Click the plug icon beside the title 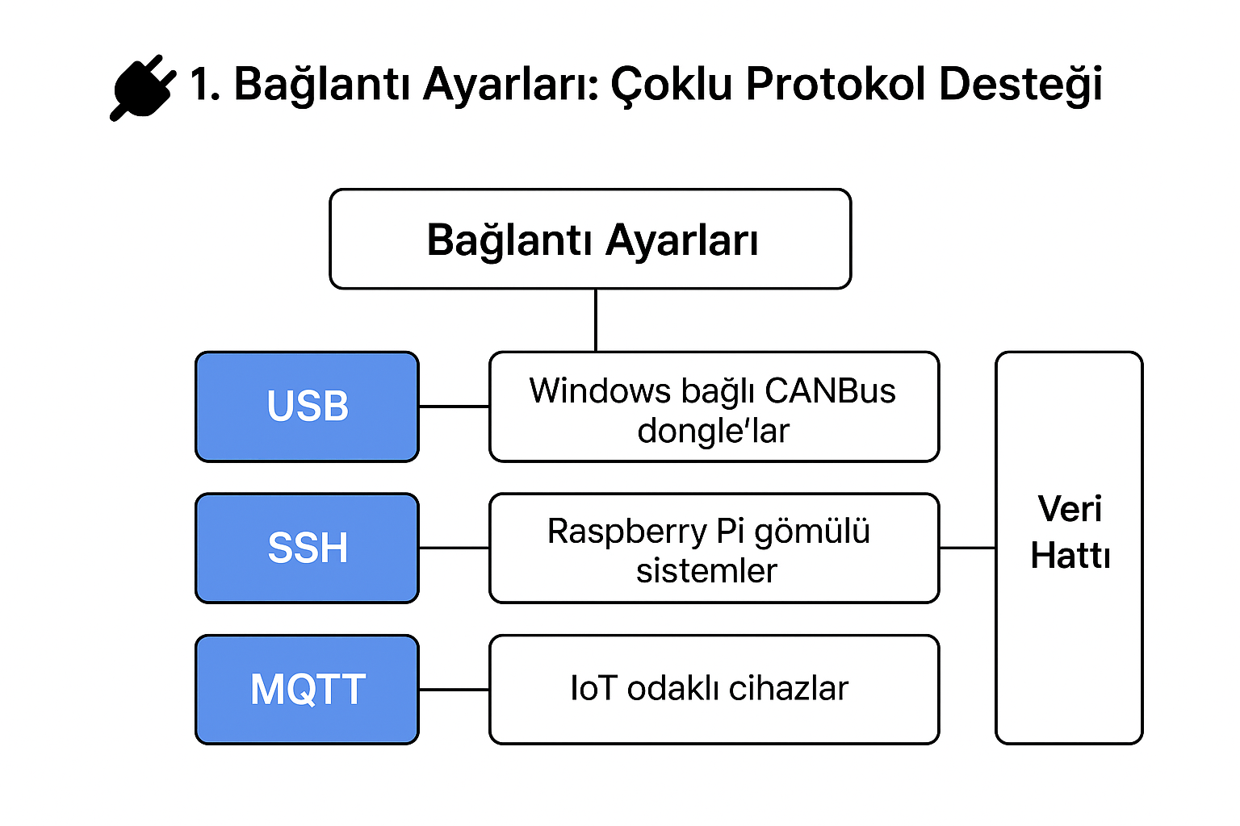point(142,87)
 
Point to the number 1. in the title point(205,84)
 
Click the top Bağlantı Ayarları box point(590,240)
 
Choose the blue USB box point(308,407)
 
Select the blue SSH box point(308,549)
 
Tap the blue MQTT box point(308,690)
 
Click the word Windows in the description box point(600,391)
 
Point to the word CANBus point(830,391)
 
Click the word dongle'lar point(714,432)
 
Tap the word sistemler point(706,571)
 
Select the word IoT point(593,689)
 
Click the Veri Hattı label point(1070,532)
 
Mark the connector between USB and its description point(454,407)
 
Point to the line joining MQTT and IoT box point(454,690)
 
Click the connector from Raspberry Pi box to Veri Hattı point(967,548)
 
